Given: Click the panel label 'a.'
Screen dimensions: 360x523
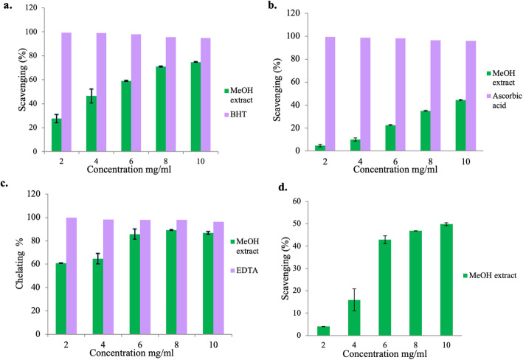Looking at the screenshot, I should (x=6, y=7).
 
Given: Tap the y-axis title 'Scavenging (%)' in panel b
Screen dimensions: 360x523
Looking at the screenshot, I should (x=281, y=81).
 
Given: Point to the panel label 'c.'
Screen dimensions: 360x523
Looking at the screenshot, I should (x=6, y=183).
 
